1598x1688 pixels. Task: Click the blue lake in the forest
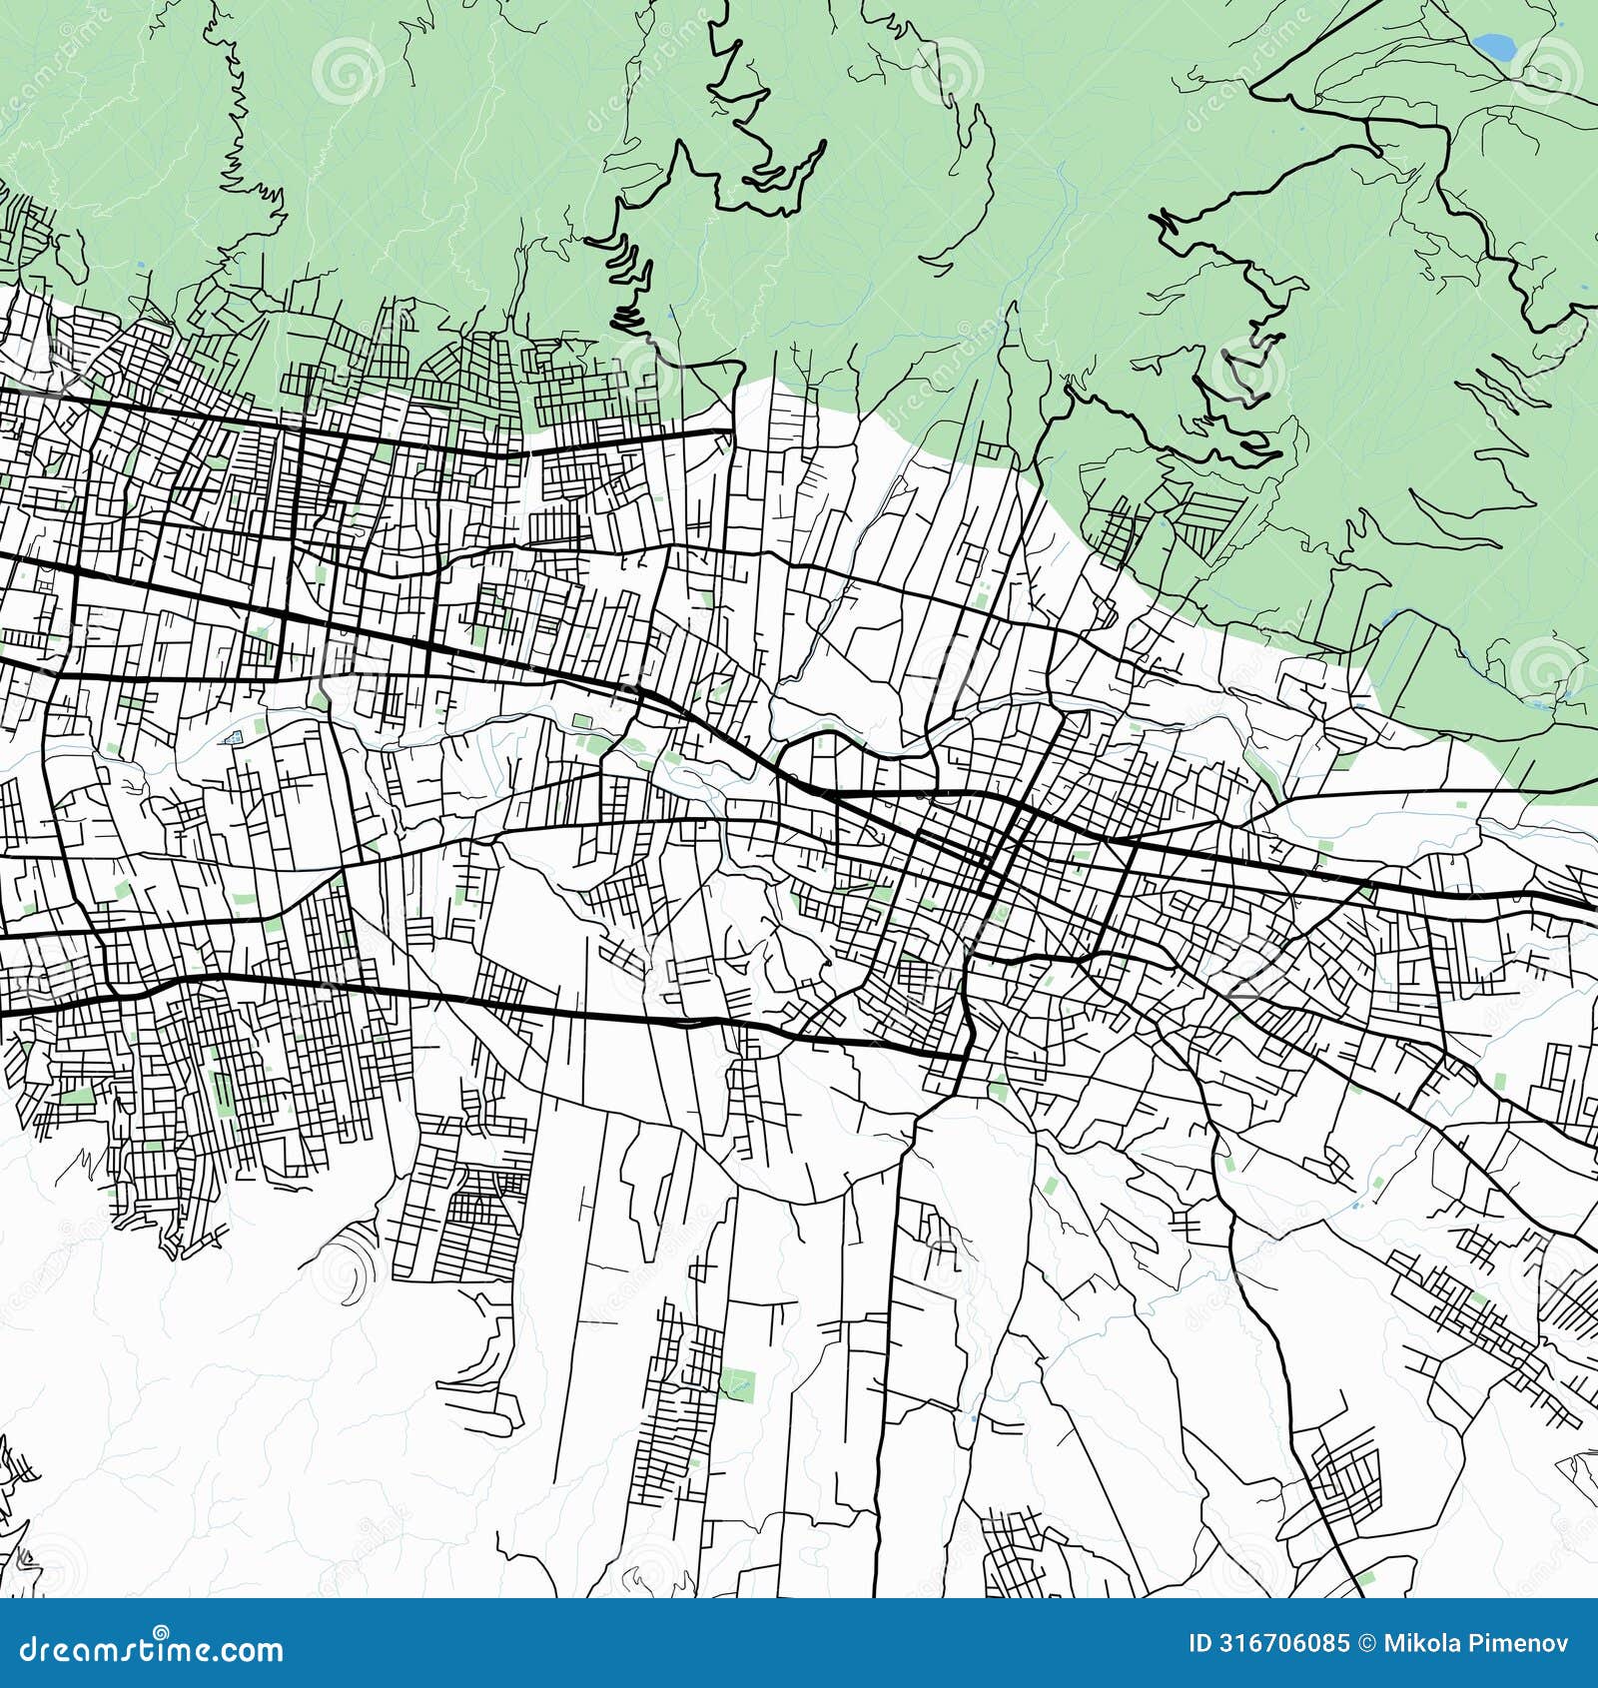tap(1494, 45)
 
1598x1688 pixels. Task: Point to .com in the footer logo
tap(251, 1649)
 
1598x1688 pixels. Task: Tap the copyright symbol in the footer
tap(1365, 1644)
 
